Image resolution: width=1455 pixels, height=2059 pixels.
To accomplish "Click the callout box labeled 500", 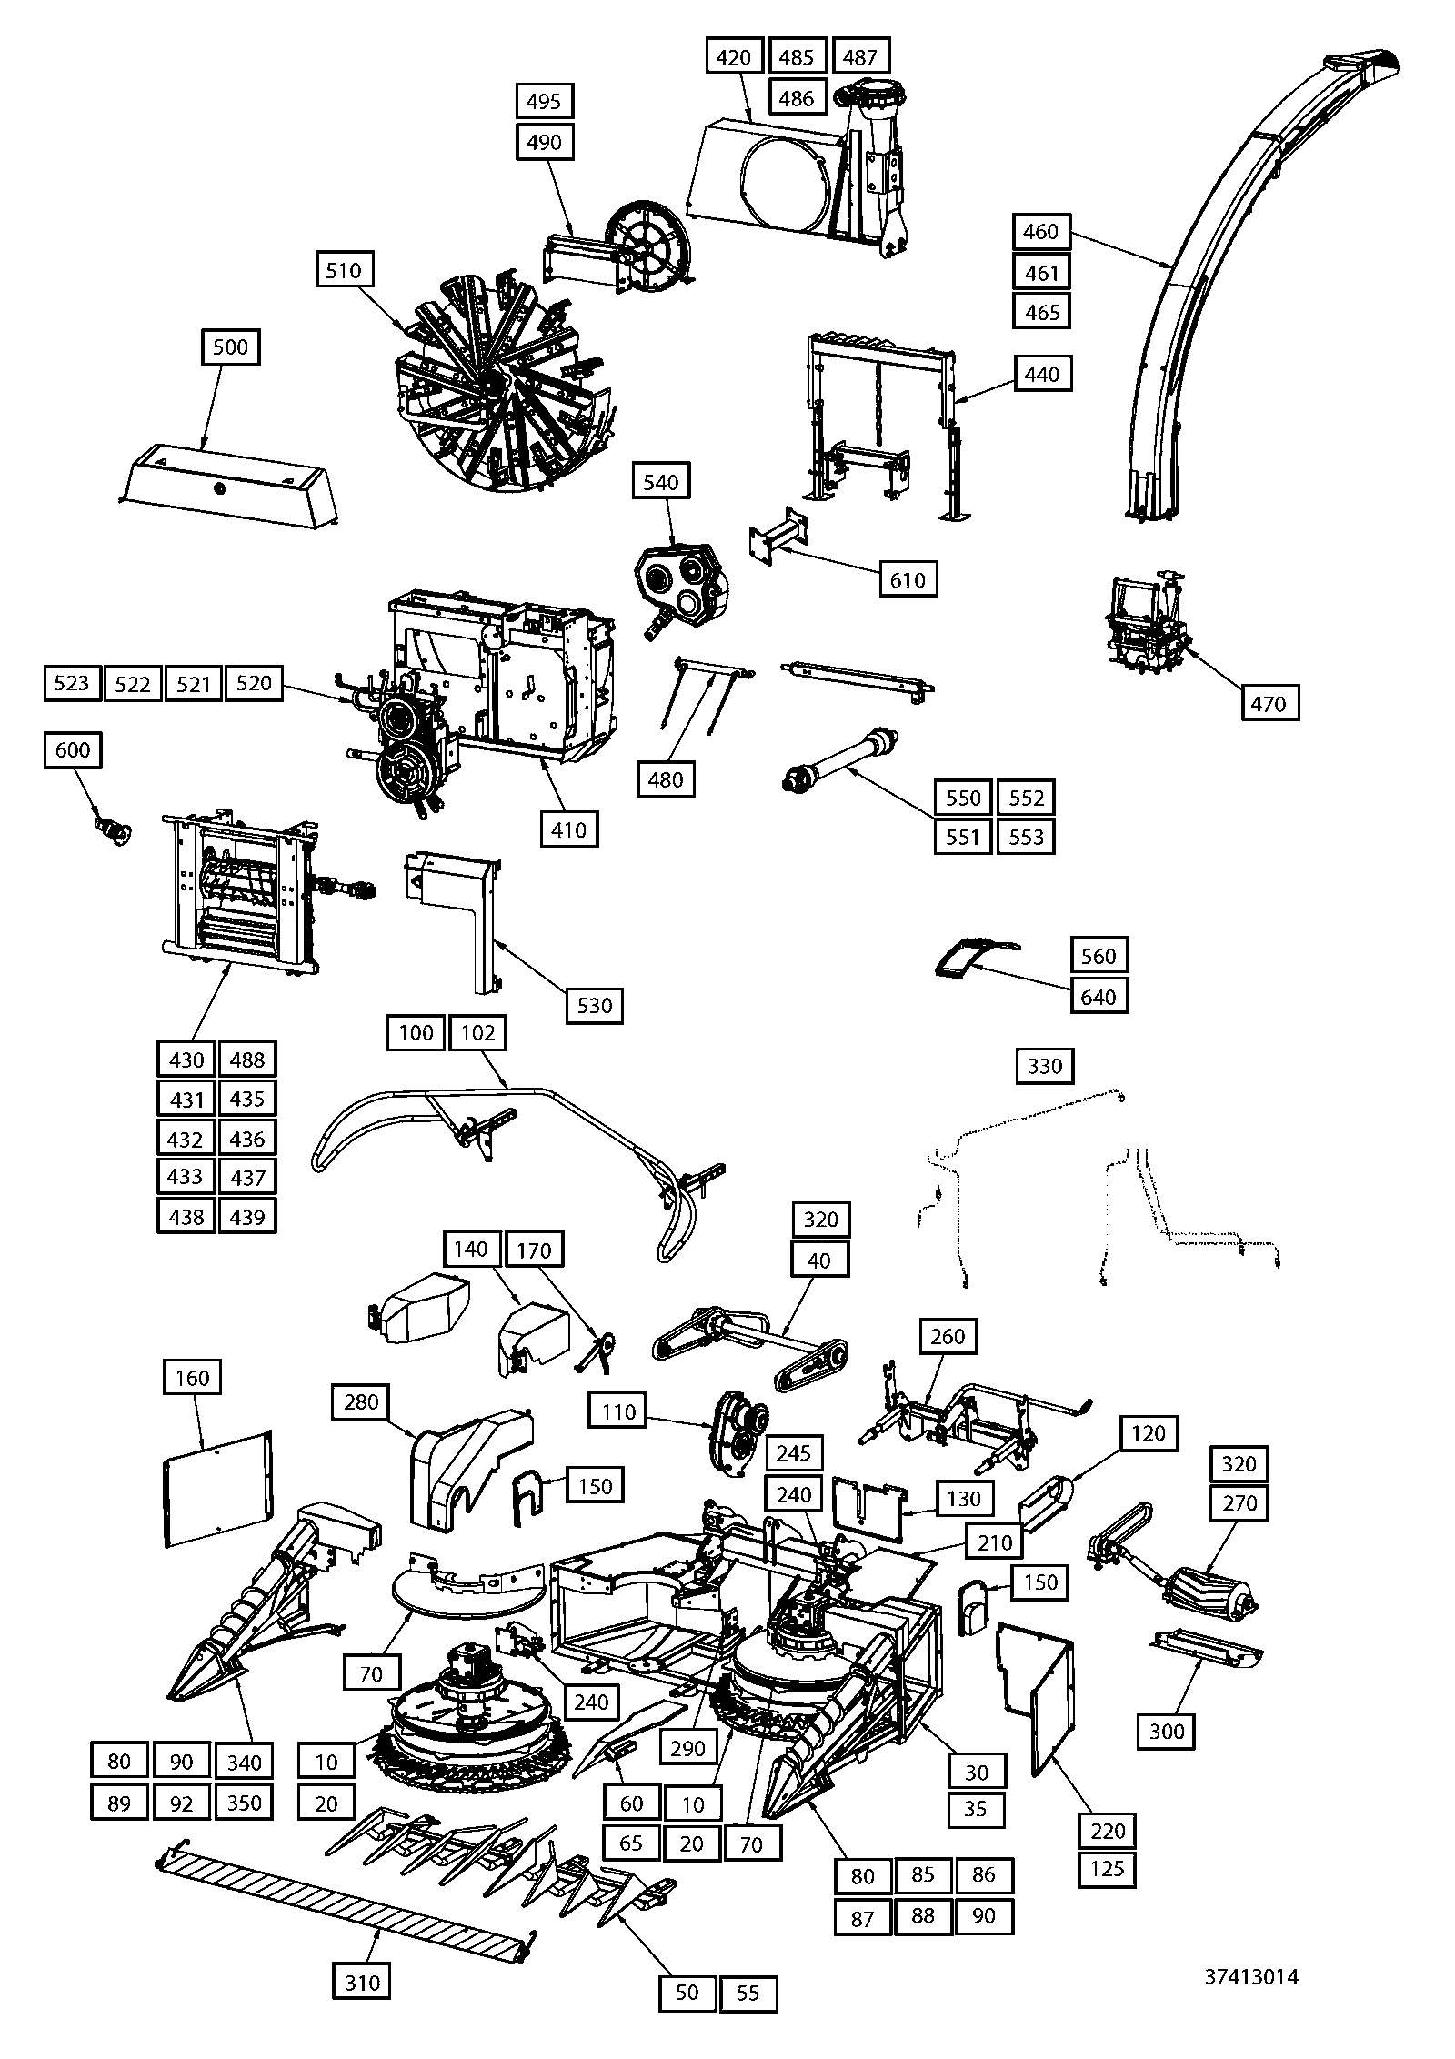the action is pyautogui.click(x=230, y=347).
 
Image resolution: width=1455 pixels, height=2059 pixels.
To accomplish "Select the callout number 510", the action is pyautogui.click(x=344, y=271).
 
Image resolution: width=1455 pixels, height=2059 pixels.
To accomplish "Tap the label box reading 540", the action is pyautogui.click(x=661, y=482).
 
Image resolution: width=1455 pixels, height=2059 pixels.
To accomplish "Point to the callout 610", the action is pyautogui.click(x=908, y=579).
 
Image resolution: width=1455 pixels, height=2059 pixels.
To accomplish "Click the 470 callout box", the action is pyautogui.click(x=1269, y=703).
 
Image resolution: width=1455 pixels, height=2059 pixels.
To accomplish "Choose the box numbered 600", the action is pyautogui.click(x=73, y=750).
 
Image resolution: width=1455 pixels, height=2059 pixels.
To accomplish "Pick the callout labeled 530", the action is pyautogui.click(x=595, y=1006).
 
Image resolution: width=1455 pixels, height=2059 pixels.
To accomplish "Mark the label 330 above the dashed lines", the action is pyautogui.click(x=1045, y=1066).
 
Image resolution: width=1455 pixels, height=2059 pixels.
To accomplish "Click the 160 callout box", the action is pyautogui.click(x=193, y=1379).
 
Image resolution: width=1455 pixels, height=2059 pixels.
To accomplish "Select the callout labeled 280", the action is pyautogui.click(x=361, y=1402).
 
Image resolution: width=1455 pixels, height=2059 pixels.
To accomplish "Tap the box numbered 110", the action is pyautogui.click(x=618, y=1412).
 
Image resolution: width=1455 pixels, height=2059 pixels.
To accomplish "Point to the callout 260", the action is pyautogui.click(x=948, y=1337).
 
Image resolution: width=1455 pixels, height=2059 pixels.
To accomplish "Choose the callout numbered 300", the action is pyautogui.click(x=1167, y=1731).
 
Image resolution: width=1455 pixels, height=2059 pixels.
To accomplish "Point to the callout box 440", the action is pyautogui.click(x=1042, y=374).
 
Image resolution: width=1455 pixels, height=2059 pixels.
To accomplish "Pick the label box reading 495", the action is pyautogui.click(x=545, y=101).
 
